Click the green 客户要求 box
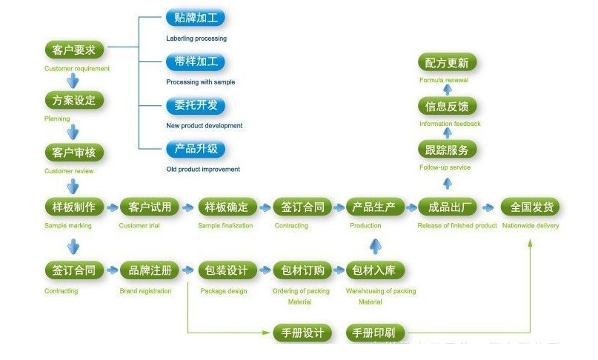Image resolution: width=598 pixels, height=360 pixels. pos(74,50)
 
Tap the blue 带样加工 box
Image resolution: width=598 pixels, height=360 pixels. pos(195,62)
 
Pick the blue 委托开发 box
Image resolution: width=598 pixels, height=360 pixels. pos(195,105)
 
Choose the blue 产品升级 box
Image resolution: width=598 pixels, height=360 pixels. pos(195,149)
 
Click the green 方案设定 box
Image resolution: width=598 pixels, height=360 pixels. pos(73,100)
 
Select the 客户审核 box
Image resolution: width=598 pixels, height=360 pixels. pos(73,153)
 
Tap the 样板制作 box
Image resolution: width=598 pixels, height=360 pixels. pos(73,207)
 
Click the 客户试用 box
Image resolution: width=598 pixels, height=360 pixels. pos(150,207)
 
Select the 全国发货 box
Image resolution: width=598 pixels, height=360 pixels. pos(531,207)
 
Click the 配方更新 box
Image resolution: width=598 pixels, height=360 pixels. pos(447,62)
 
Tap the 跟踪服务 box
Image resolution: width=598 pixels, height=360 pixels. pos(447,150)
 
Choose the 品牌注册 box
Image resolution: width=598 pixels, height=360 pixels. pos(150,270)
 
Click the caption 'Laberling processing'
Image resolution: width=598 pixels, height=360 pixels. pos(196,39)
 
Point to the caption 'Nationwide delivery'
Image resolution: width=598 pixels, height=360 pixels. pos(531,226)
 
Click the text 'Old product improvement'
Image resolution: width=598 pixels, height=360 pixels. pos(203,170)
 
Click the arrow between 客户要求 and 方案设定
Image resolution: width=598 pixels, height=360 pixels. pos(73,80)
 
